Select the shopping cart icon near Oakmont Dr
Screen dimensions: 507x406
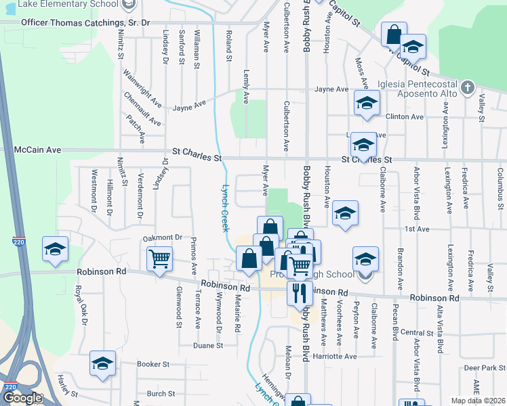pos(160,258)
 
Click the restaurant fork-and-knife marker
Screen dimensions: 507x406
pos(299,292)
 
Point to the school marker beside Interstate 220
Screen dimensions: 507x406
pos(55,248)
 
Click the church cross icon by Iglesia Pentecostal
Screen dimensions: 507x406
pos(467,87)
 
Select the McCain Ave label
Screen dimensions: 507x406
pos(39,150)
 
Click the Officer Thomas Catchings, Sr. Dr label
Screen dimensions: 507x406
pos(85,22)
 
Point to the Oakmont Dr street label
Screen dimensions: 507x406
pos(163,238)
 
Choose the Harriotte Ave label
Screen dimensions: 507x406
pos(331,357)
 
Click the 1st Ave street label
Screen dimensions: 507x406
pos(418,229)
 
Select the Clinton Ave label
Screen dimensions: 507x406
pos(405,116)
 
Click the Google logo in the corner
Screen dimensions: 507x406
pos(23,398)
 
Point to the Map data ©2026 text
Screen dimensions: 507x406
pos(479,401)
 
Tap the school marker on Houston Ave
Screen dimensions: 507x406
pos(345,214)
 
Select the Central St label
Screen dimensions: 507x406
pos(417,333)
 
